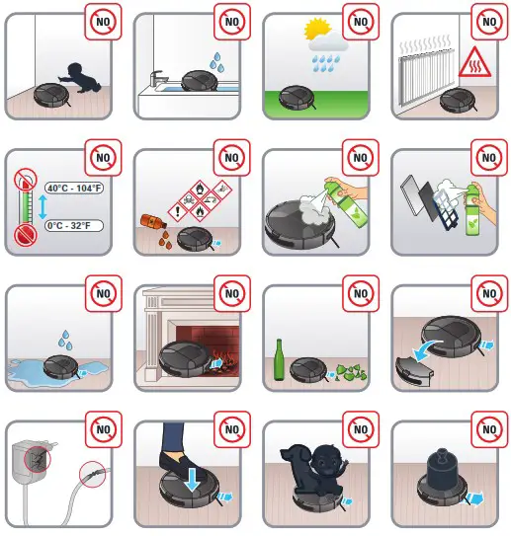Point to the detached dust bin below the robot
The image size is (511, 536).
[x=416, y=367]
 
